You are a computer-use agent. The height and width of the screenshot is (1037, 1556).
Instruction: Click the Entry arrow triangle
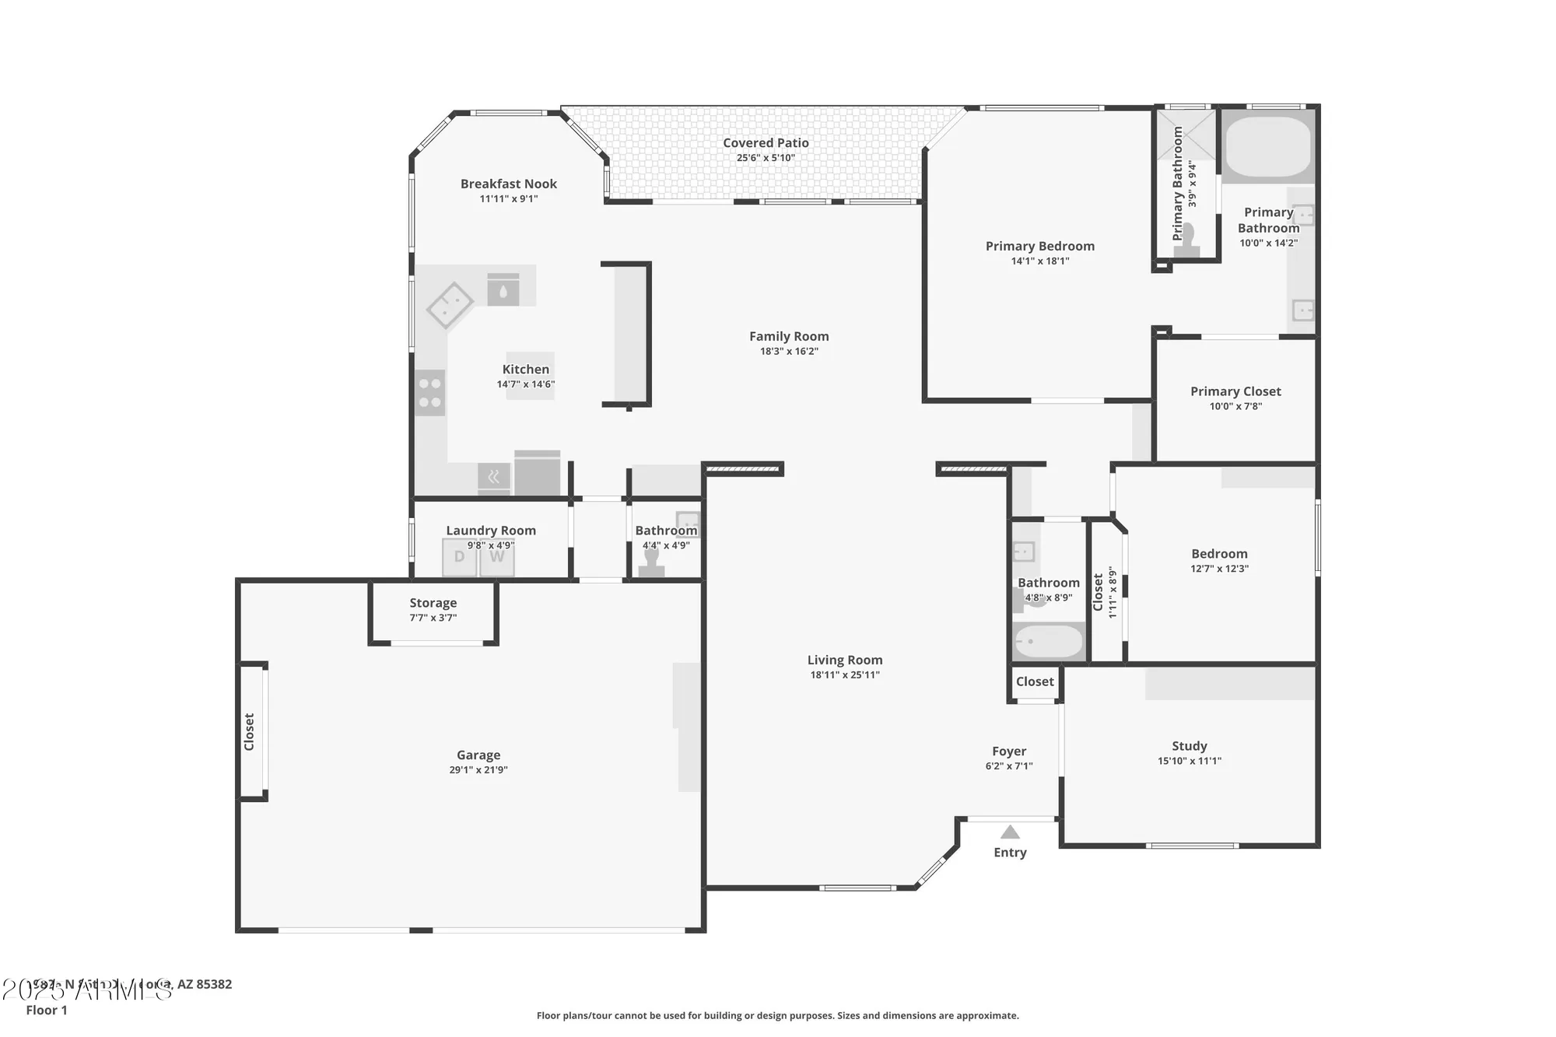(x=1009, y=832)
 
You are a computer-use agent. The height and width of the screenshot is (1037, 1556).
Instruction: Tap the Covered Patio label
(x=766, y=143)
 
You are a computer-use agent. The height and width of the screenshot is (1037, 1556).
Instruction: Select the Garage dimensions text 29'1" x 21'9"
(x=478, y=770)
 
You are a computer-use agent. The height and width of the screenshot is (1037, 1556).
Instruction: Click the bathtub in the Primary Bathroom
(x=1267, y=147)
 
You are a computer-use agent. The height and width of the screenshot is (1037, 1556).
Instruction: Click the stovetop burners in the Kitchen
(x=429, y=393)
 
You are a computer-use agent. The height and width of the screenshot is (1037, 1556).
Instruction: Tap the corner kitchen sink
(x=450, y=305)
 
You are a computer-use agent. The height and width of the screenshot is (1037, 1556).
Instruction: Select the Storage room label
(x=433, y=603)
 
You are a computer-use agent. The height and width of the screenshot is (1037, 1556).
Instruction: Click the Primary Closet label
(x=1235, y=391)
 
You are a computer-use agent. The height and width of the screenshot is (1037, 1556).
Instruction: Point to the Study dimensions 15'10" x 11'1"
(x=1189, y=761)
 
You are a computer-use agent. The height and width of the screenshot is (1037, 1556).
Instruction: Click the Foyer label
(x=1008, y=751)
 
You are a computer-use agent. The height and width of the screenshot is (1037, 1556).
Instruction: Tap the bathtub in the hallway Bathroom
(x=1048, y=642)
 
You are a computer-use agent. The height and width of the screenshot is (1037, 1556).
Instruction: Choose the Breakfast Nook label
(x=508, y=184)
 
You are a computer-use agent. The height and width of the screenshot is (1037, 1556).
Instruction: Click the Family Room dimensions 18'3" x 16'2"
(x=789, y=352)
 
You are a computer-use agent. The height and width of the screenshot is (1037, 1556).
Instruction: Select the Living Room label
(x=844, y=660)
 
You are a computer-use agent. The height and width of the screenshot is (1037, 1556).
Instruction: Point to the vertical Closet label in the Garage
(x=249, y=731)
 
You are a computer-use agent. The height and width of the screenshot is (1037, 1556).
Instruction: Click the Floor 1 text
(x=47, y=1010)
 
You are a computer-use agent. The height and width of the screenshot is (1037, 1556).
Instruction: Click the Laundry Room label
(x=490, y=531)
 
